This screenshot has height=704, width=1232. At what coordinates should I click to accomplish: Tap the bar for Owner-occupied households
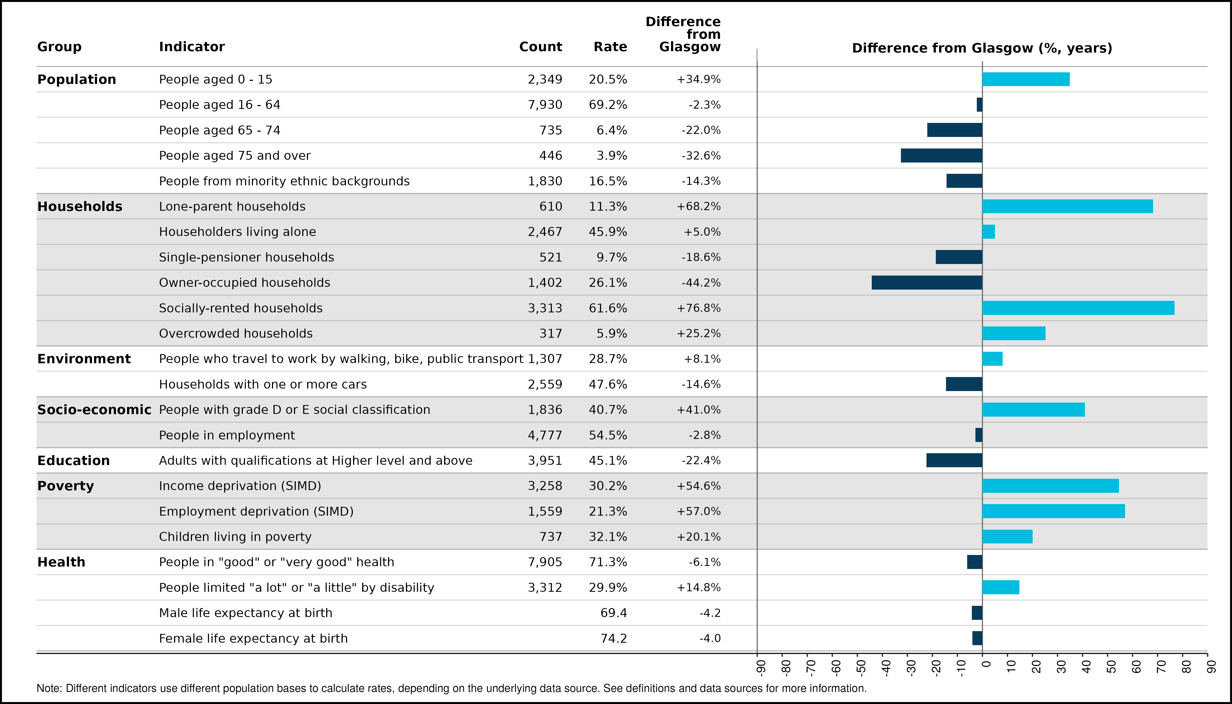tap(927, 282)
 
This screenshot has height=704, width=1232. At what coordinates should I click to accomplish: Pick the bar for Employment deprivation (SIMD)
tap(1054, 511)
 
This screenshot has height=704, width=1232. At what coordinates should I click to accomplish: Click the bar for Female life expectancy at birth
tap(977, 638)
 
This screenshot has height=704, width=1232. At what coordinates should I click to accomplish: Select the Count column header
tap(541, 47)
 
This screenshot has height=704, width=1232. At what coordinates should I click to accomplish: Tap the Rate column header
tap(610, 47)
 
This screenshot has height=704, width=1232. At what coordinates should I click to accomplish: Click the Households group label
tap(80, 207)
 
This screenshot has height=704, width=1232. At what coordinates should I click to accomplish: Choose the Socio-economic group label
tap(94, 409)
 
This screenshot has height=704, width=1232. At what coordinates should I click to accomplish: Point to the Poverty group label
tap(66, 486)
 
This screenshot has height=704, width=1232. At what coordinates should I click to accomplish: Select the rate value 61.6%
tap(608, 308)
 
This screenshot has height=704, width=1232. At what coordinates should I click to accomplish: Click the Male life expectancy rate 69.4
tap(614, 613)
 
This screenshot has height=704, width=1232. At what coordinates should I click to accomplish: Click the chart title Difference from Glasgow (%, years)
tap(982, 48)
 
